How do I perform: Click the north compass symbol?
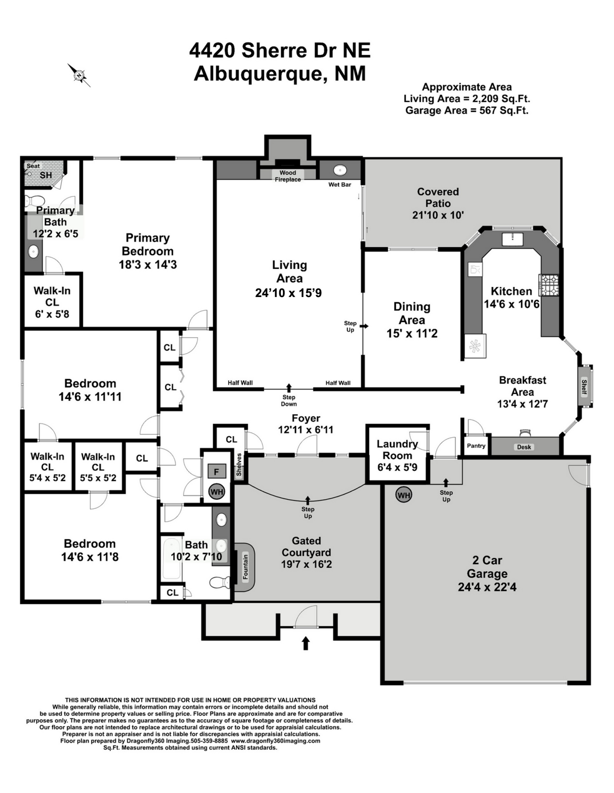[x=79, y=75]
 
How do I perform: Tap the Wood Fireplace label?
[x=288, y=176]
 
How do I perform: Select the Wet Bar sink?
[x=340, y=170]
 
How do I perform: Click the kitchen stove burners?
[x=548, y=285]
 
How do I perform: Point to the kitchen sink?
[x=512, y=239]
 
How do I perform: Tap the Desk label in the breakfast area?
[x=524, y=447]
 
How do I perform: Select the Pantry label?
[x=476, y=446]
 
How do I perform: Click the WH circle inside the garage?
[x=404, y=495]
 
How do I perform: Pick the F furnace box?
[x=216, y=471]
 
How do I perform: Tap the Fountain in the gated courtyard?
[x=244, y=567]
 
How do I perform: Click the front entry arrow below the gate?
[x=305, y=643]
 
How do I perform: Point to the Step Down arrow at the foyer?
[x=289, y=387]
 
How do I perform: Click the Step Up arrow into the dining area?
[x=364, y=326]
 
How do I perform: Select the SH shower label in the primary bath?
[x=46, y=175]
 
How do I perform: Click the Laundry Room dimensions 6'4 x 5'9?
[x=397, y=467]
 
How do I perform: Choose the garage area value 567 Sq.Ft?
[x=504, y=110]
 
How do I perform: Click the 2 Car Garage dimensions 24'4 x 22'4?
[x=487, y=587]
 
